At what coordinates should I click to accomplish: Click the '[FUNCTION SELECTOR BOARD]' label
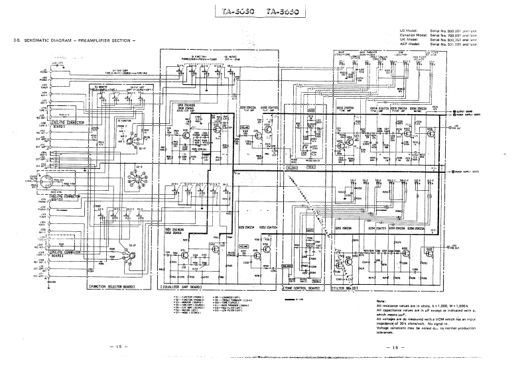111,287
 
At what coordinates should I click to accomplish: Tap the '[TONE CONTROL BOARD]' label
302,289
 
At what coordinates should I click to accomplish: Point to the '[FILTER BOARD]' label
346,289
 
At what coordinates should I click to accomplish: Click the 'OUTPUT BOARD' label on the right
464,111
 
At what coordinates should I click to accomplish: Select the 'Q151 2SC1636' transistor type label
173,229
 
